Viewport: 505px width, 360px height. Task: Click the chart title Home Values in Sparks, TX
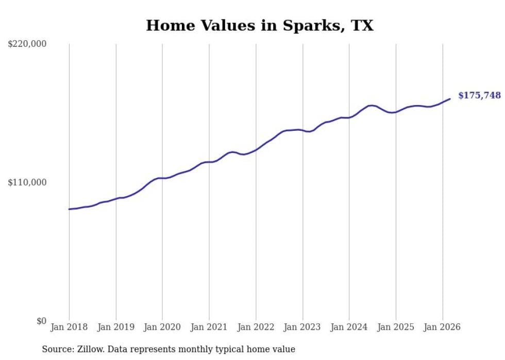[x=259, y=25]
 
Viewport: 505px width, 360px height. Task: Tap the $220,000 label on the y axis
[x=27, y=44]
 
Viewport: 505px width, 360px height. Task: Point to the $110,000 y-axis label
[x=27, y=182]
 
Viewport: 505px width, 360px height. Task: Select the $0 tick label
[x=41, y=321]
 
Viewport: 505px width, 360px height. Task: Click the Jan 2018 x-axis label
[x=69, y=327]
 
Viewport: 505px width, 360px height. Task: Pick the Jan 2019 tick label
[x=116, y=327]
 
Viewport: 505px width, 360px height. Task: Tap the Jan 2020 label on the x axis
[x=162, y=327]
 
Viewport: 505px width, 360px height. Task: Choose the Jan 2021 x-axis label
[x=209, y=327]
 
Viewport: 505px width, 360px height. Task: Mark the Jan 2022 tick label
[x=256, y=327]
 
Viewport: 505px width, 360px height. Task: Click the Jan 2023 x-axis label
[x=302, y=327]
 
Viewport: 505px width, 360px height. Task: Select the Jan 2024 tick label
[x=349, y=327]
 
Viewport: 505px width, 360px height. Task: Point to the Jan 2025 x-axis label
[x=396, y=327]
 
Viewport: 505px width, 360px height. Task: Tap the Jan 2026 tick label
[x=443, y=327]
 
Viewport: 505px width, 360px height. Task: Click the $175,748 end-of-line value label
[x=479, y=95]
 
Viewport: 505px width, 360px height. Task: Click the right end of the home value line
[x=450, y=99]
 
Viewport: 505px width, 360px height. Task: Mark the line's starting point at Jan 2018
[x=69, y=209]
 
